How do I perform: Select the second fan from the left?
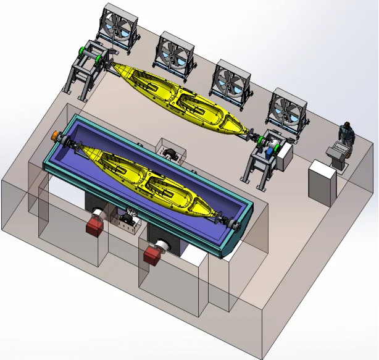pyautogui.click(x=175, y=53)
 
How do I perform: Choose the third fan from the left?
pyautogui.click(x=231, y=82)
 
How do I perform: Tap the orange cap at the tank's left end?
pyautogui.click(x=55, y=135)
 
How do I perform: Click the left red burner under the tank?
pyautogui.click(x=94, y=224)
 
